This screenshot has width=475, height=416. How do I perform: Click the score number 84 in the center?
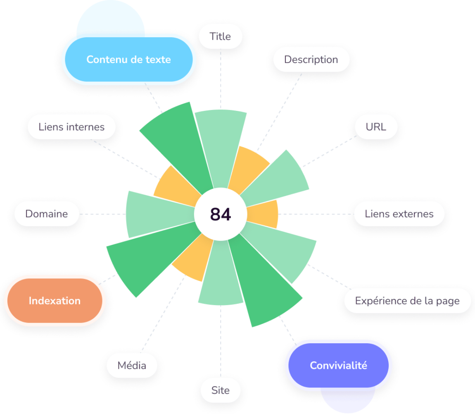[x=221, y=214]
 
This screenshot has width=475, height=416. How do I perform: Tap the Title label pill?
[x=220, y=36]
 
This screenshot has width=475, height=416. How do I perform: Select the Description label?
[x=311, y=60]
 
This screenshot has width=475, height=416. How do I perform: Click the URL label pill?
[x=376, y=127]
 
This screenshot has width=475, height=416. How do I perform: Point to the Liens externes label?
[x=399, y=214]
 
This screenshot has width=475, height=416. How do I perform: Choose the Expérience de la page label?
[x=407, y=301]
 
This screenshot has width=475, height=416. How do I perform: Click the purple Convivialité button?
[x=338, y=366]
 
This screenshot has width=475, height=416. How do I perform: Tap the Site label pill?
[x=220, y=390]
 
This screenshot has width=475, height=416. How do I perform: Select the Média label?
[x=132, y=366]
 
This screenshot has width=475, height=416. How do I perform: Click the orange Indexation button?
[x=55, y=301]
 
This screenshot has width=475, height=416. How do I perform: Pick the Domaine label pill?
[x=46, y=214]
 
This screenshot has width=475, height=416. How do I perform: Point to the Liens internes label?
[x=71, y=127]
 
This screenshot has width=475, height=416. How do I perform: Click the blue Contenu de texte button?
[x=128, y=60]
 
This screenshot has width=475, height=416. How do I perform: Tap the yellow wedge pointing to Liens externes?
[x=264, y=214]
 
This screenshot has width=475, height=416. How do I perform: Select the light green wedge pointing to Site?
[x=221, y=281]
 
